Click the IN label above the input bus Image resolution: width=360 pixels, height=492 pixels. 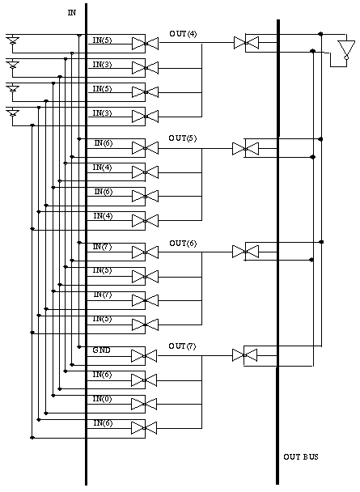click(72, 13)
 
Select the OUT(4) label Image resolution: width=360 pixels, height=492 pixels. click(183, 33)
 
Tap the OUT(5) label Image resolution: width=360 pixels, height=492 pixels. click(183, 138)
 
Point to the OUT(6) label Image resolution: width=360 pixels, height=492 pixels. click(183, 244)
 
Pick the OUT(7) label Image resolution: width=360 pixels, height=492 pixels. click(182, 346)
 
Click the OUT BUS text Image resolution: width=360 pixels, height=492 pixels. click(301, 457)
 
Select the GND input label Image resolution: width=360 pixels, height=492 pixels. click(102, 350)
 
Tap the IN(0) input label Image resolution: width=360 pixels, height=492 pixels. click(103, 399)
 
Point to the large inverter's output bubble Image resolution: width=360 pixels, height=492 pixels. click(346, 58)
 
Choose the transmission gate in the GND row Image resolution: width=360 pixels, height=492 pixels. click(144, 356)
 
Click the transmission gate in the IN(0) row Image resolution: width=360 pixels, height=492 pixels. click(144, 404)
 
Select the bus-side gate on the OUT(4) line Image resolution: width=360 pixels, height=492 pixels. click(246, 43)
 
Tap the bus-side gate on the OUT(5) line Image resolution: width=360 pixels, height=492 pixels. click(246, 149)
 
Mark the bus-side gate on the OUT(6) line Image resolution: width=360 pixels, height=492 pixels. click(246, 252)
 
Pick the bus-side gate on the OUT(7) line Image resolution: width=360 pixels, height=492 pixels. click(244, 355)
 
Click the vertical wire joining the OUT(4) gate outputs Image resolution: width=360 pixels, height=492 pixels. click(201, 80)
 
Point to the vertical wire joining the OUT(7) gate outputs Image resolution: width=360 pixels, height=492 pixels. click(201, 392)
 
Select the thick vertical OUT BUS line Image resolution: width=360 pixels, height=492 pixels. click(277, 252)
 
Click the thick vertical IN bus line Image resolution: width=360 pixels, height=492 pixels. click(87, 244)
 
